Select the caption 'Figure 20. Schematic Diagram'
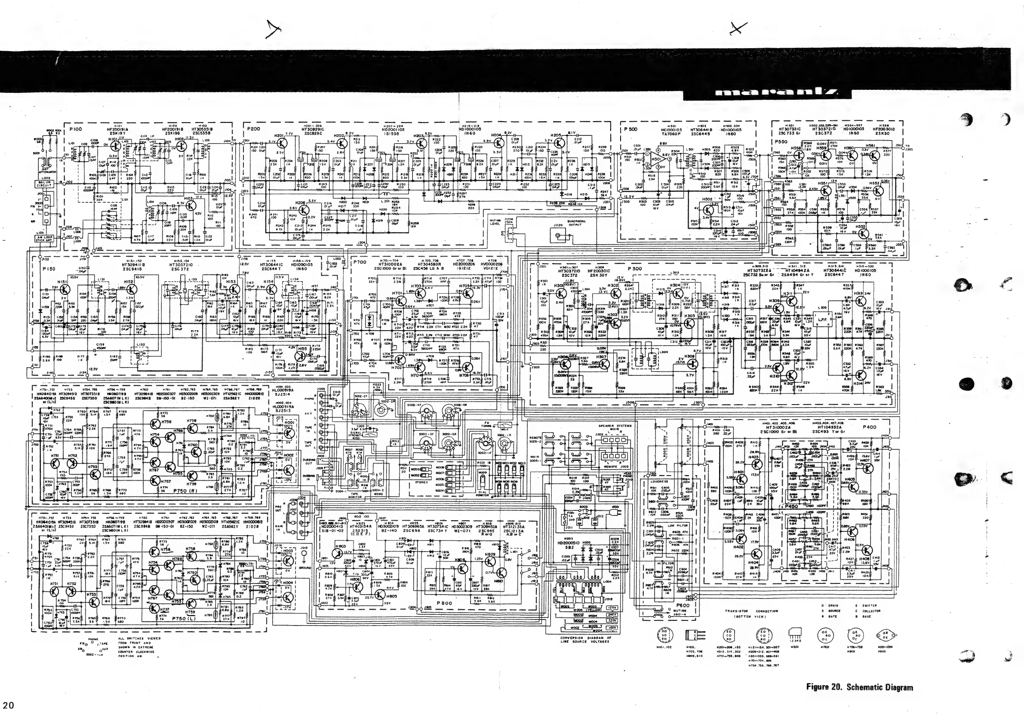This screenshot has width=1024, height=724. pyautogui.click(x=859, y=687)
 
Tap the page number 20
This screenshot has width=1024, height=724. pyautogui.click(x=9, y=705)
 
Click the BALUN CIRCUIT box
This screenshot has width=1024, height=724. pyautogui.click(x=44, y=184)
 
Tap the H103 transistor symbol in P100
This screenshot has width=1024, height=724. pyautogui.click(x=191, y=206)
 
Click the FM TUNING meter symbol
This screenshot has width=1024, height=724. pyautogui.click(x=504, y=425)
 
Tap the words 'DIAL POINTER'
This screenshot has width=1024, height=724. pyautogui.click(x=483, y=494)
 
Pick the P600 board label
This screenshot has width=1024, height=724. pyautogui.click(x=683, y=605)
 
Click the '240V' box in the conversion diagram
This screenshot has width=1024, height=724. pyautogui.click(x=612, y=614)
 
